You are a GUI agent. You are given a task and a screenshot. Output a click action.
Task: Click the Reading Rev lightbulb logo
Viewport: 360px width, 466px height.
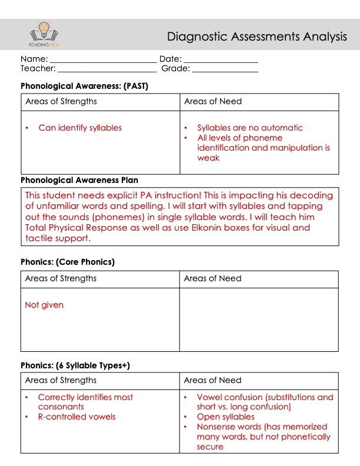pyautogui.click(x=44, y=34)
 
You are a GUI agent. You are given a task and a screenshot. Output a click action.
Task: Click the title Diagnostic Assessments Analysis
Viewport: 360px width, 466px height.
pyautogui.click(x=257, y=37)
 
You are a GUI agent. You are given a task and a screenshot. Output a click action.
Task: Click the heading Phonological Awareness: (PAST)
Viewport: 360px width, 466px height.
pyautogui.click(x=84, y=86)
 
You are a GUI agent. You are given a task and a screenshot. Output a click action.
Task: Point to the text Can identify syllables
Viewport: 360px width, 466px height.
pyautogui.click(x=80, y=128)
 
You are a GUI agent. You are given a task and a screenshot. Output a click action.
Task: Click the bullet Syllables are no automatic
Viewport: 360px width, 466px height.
pyautogui.click(x=250, y=128)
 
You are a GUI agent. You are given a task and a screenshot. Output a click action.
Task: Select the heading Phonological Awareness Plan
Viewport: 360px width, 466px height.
pyautogui.click(x=79, y=180)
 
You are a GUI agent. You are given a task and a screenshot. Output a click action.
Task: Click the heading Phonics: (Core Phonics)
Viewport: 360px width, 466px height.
pyautogui.click(x=68, y=262)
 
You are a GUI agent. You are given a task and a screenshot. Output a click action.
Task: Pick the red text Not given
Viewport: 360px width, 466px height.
pyautogui.click(x=44, y=305)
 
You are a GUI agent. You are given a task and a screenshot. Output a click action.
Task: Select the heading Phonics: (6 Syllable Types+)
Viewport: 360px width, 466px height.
pyautogui.click(x=75, y=365)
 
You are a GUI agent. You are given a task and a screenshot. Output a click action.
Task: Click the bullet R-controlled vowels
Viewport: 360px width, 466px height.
pyautogui.click(x=76, y=417)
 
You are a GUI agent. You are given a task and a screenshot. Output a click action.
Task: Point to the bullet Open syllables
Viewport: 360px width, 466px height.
pyautogui.click(x=226, y=417)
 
